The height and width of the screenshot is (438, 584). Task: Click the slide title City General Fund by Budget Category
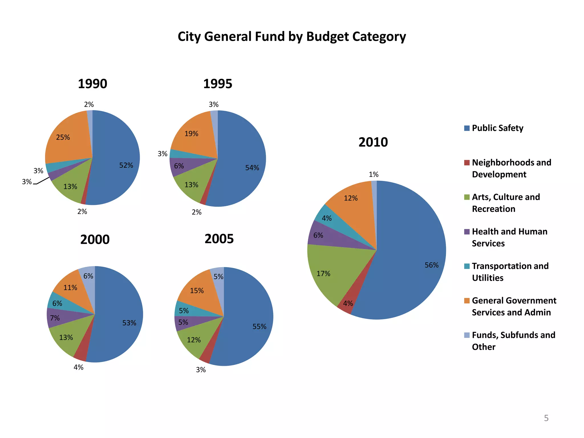tap(292, 37)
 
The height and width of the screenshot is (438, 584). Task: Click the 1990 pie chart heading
tap(92, 84)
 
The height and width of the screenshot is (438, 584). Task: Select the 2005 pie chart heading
tap(219, 239)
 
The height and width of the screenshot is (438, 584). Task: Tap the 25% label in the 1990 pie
tap(63, 137)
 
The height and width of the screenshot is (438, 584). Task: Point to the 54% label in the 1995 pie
tap(252, 168)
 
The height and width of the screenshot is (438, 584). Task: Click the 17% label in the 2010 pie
tap(323, 274)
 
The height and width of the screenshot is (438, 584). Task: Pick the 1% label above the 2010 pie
tap(374, 175)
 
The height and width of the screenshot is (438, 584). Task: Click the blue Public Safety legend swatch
tap(467, 128)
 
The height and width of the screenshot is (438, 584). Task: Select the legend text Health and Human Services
tap(509, 237)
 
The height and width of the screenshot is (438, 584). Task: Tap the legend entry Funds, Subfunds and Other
tap(513, 341)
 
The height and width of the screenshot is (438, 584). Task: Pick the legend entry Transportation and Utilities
tap(510, 272)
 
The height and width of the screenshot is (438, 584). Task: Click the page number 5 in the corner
tap(546, 418)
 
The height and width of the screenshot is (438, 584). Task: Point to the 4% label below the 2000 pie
tap(78, 367)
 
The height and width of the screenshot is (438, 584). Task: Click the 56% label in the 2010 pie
tap(431, 265)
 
